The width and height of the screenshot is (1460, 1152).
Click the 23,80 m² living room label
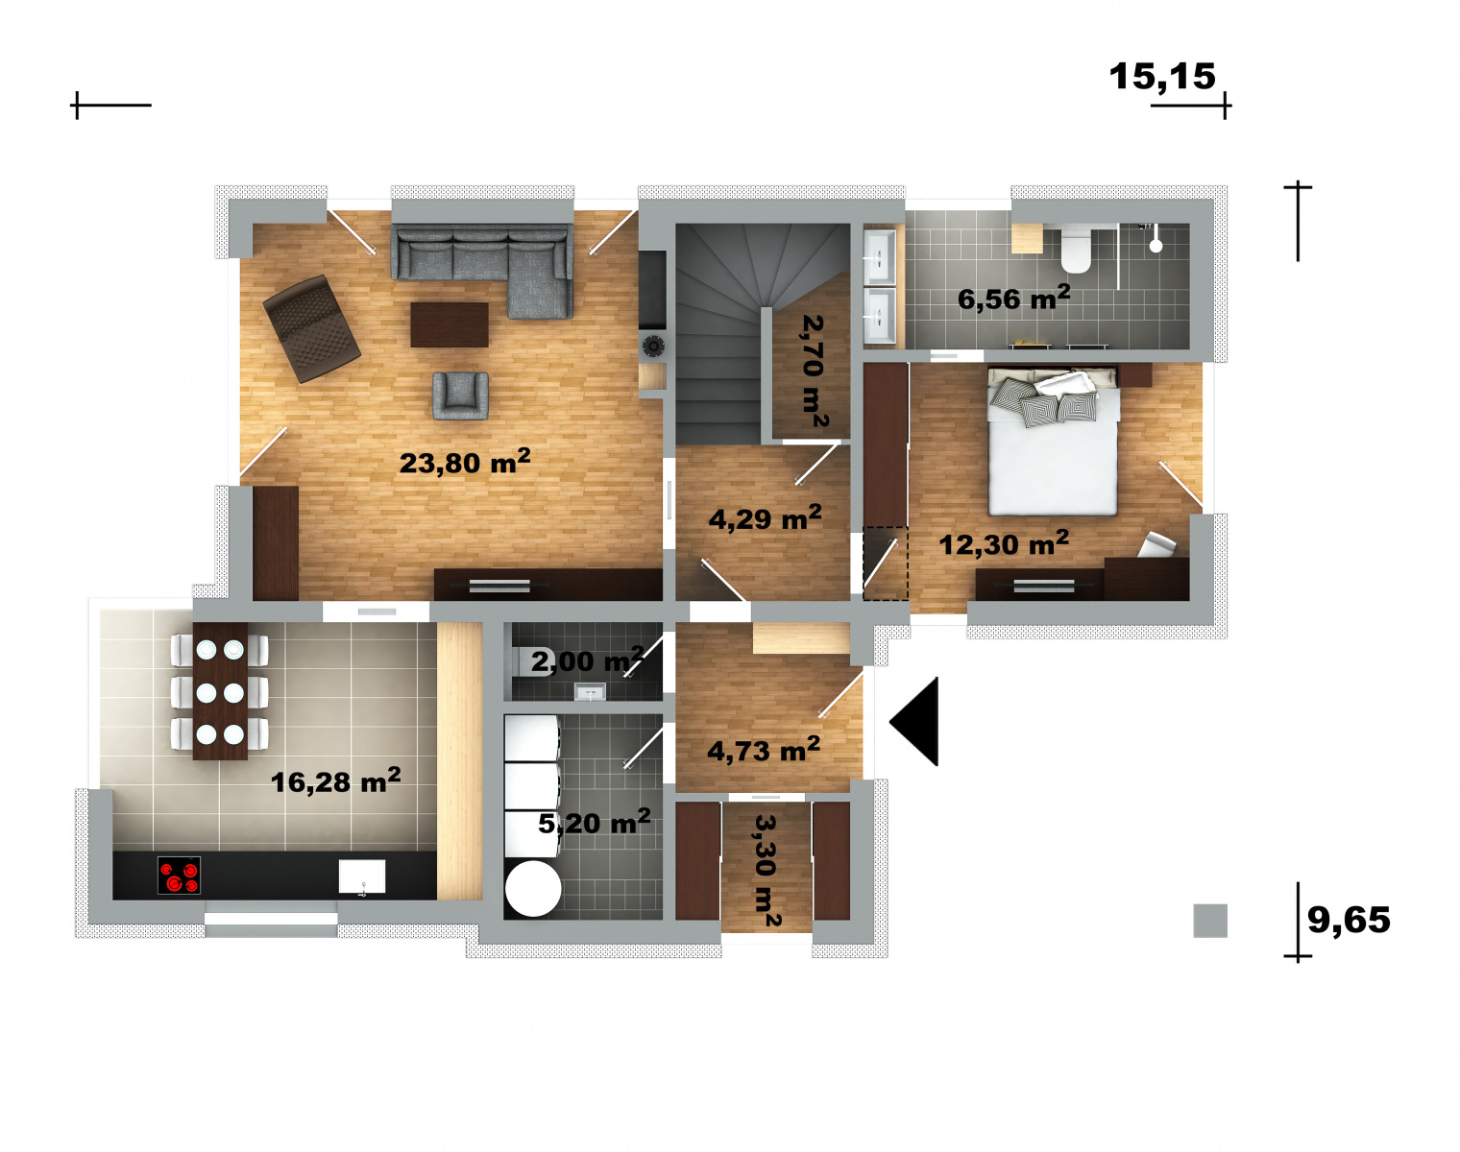(465, 463)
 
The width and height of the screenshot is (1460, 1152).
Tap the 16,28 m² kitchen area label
(335, 781)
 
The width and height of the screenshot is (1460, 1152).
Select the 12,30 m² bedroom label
(1004, 543)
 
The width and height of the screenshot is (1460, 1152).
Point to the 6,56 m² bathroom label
(1013, 299)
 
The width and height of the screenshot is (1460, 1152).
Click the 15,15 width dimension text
(1162, 77)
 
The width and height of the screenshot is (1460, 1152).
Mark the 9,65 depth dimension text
(1349, 920)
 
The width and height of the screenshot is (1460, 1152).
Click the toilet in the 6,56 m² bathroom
(1076, 250)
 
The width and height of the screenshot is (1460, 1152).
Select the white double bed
(1053, 442)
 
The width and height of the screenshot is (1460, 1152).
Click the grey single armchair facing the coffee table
(461, 396)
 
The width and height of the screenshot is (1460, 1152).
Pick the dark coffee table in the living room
(450, 324)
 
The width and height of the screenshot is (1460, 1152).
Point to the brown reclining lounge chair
(311, 329)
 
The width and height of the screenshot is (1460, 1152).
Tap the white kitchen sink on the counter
(362, 876)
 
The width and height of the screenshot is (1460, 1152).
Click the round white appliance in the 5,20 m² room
(533, 889)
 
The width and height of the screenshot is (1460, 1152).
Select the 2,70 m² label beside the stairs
(814, 371)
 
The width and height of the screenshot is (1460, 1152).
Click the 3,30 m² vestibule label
(766, 871)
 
